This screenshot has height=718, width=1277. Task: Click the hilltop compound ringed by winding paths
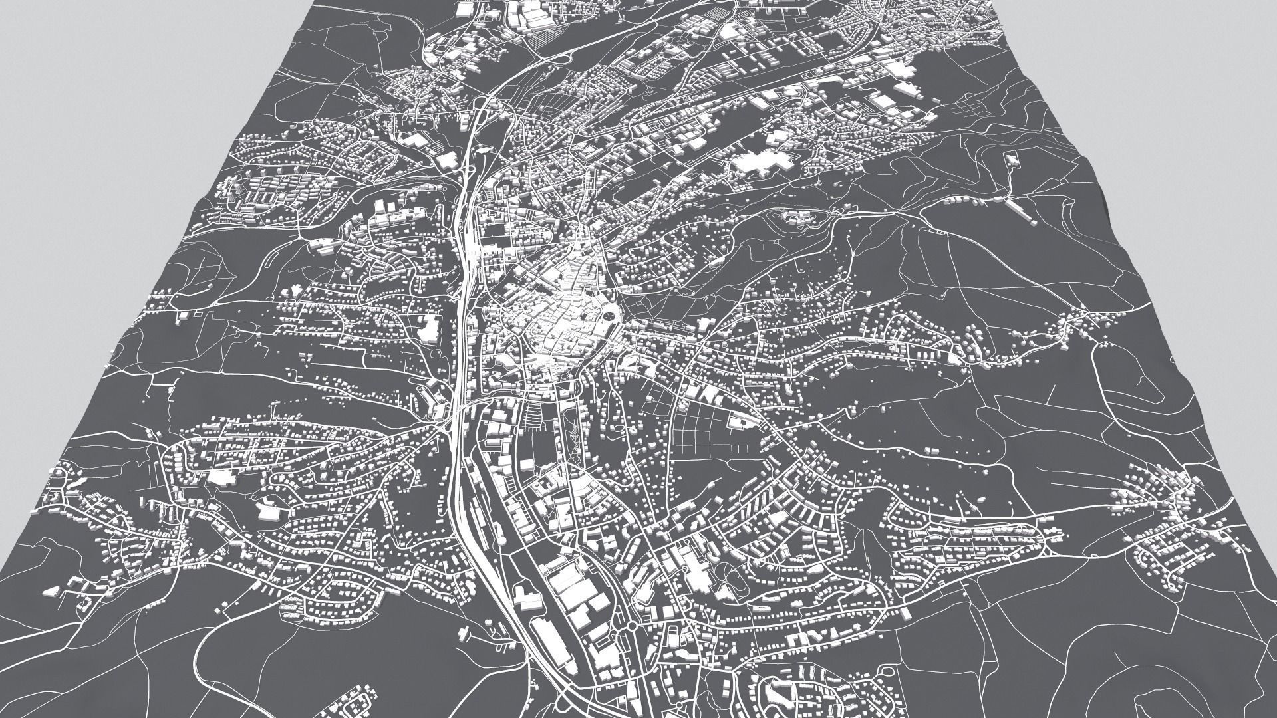pyautogui.click(x=798, y=217)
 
